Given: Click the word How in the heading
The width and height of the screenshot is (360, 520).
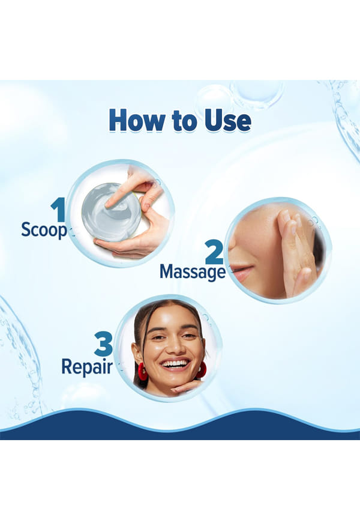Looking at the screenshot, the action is (x=137, y=120).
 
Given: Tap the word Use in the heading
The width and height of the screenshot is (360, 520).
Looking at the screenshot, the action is (x=228, y=120).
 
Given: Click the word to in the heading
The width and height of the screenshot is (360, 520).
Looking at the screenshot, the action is (x=185, y=121).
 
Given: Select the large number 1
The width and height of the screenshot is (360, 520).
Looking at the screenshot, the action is (x=59, y=209).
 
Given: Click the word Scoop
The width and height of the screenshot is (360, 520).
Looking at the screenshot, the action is (x=44, y=230).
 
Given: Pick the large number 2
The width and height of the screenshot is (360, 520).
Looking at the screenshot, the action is (x=214, y=252).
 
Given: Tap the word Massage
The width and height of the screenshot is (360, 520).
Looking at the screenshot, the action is (x=193, y=272).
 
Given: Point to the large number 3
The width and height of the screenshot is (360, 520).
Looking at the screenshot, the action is (x=103, y=344).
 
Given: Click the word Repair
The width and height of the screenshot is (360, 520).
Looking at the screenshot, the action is (x=87, y=367).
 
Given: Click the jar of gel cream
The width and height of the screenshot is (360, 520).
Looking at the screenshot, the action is (x=112, y=212).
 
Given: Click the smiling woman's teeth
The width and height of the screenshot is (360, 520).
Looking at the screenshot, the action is (x=175, y=364).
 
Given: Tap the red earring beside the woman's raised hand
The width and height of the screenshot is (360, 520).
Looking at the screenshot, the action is (x=201, y=370).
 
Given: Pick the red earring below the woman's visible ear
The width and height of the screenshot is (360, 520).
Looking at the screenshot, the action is (x=142, y=371).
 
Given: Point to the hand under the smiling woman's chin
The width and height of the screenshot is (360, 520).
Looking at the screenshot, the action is (x=185, y=386).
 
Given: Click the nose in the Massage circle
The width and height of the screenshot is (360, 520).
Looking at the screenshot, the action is (x=232, y=246).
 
